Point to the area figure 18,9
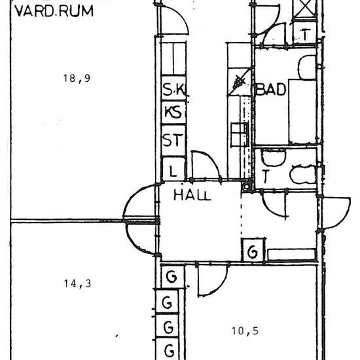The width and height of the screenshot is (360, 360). (76, 79)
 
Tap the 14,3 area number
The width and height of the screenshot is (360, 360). (77, 283)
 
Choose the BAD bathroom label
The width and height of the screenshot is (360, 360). (271, 90)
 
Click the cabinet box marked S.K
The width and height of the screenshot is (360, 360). (174, 90)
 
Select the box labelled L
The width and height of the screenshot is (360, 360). (173, 171)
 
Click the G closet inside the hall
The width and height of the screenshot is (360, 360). (253, 251)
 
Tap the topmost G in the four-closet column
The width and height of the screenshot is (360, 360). (171, 278)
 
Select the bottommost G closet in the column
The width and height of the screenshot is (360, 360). (170, 350)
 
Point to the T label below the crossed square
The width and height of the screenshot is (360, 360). (306, 35)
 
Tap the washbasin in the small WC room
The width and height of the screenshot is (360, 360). (273, 157)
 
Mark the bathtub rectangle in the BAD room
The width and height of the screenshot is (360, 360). (302, 111)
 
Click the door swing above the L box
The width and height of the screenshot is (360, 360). (204, 165)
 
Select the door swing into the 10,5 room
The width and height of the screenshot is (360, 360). (211, 279)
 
